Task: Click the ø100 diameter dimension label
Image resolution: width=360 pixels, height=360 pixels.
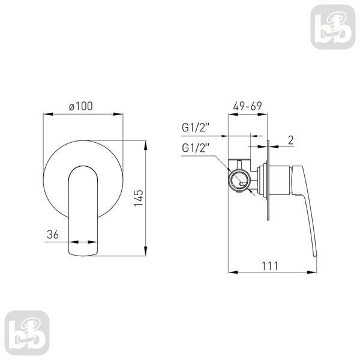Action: point(81,106)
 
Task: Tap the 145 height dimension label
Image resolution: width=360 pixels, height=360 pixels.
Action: point(139,197)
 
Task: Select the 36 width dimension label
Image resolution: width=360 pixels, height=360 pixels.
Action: point(53,235)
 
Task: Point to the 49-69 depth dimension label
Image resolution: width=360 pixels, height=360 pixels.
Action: point(247,106)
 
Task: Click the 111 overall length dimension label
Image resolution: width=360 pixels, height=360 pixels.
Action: point(270,266)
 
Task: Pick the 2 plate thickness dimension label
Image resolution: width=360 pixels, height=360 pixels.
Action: point(290,140)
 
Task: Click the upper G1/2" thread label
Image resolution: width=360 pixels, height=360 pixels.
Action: point(196,127)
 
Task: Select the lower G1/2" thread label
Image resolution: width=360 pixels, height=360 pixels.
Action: point(196,148)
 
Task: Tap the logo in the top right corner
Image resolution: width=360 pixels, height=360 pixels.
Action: point(332,27)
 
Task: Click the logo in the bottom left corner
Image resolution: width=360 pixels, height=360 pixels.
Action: point(27,333)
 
